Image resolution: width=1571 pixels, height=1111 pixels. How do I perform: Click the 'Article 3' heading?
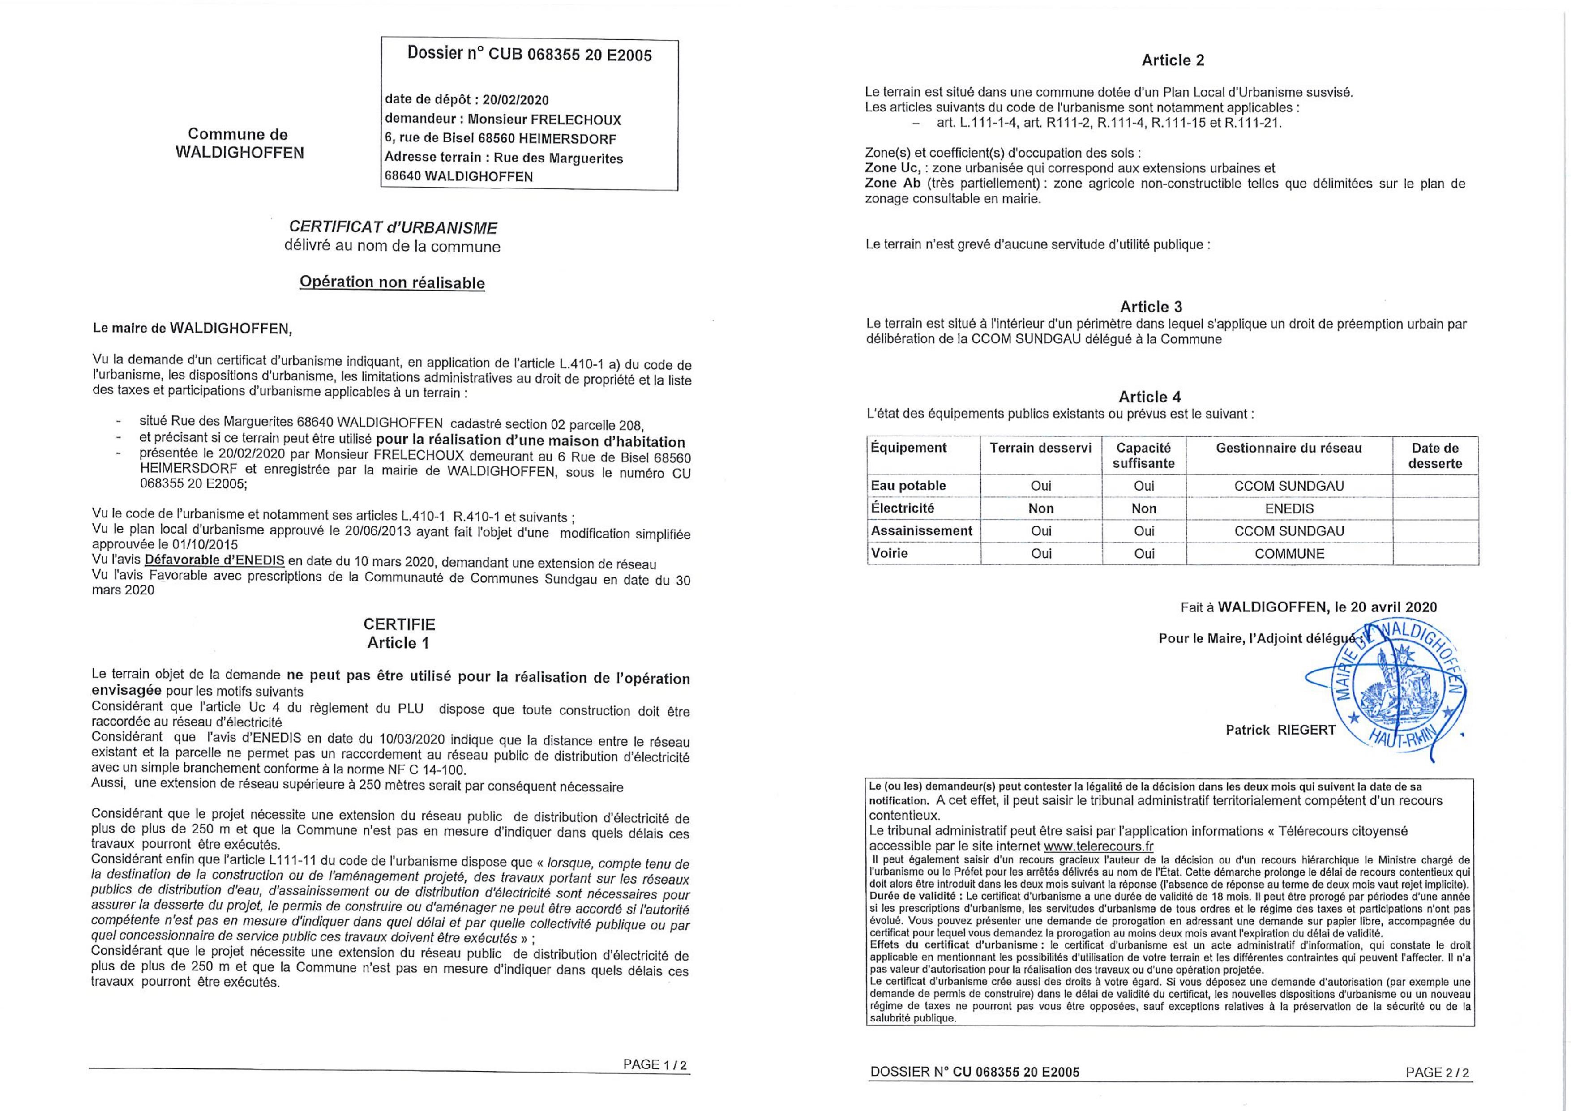1151,307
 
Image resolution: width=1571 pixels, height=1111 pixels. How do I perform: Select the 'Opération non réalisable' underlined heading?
392,282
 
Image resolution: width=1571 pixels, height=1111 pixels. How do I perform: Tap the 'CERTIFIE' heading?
399,624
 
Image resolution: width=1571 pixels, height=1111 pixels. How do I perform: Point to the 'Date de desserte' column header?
1435,456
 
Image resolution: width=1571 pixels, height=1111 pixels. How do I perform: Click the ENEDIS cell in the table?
1289,508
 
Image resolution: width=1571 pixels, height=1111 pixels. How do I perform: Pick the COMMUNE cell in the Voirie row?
1289,553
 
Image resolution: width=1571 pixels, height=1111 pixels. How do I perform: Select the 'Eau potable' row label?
908,486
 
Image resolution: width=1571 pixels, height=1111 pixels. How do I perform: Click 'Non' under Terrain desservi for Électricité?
1041,508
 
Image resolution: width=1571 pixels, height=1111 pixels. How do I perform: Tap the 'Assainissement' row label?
921,531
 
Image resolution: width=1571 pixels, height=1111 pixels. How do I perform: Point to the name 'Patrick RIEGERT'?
1280,730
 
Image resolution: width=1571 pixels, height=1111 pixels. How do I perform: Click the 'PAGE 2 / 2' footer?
1437,1073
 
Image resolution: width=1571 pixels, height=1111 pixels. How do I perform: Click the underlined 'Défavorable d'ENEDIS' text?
215,560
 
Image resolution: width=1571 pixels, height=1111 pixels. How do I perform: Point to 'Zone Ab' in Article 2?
892,184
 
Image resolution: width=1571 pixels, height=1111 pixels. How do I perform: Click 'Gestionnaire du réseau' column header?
1288,448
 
